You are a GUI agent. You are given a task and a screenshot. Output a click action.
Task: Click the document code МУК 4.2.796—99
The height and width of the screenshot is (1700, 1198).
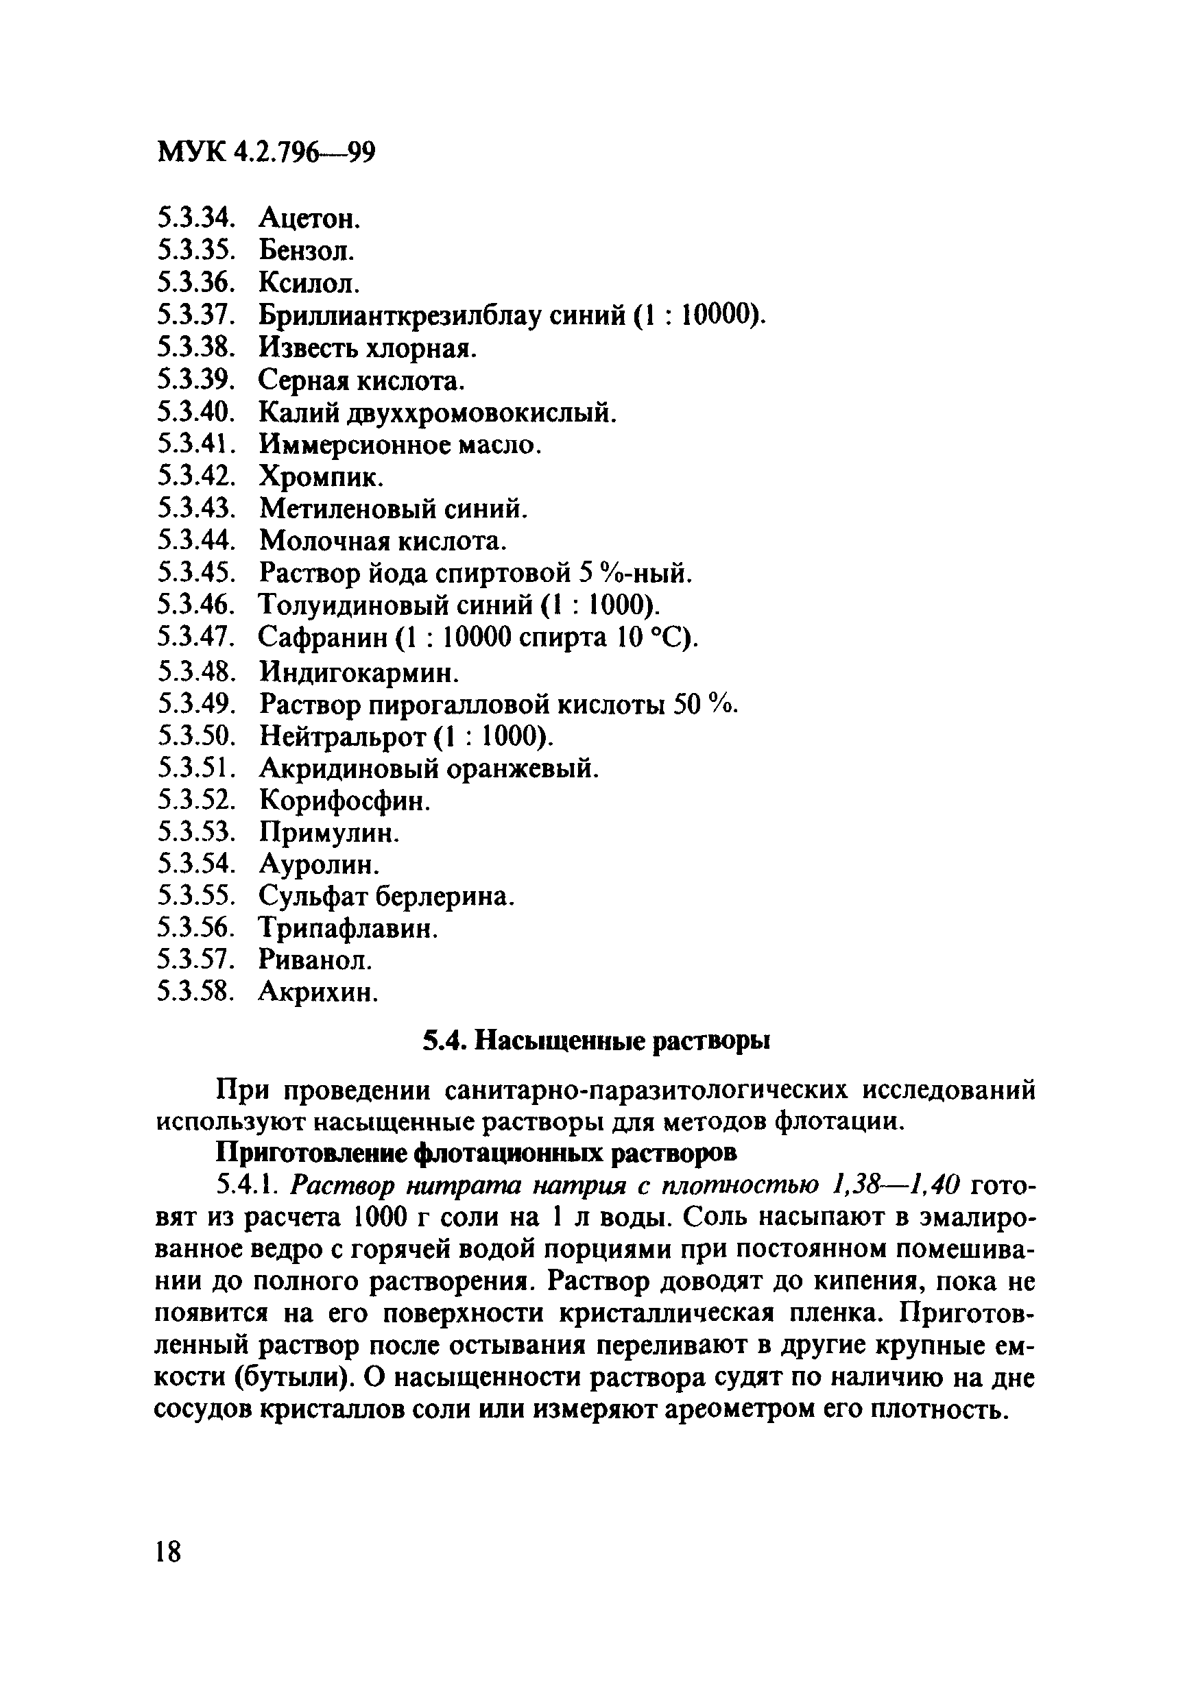267,153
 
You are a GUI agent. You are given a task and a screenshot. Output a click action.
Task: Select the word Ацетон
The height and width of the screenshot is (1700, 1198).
309,219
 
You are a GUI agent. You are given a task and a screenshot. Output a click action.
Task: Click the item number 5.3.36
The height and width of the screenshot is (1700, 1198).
195,283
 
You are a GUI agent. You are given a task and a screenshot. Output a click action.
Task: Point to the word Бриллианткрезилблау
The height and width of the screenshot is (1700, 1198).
400,316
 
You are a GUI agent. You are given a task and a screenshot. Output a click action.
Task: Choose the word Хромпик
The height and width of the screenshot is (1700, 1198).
321,477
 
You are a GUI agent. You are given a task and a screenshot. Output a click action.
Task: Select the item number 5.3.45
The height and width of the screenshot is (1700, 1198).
195,573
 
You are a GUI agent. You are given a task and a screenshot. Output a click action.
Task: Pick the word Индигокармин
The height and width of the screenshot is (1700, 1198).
359,672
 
